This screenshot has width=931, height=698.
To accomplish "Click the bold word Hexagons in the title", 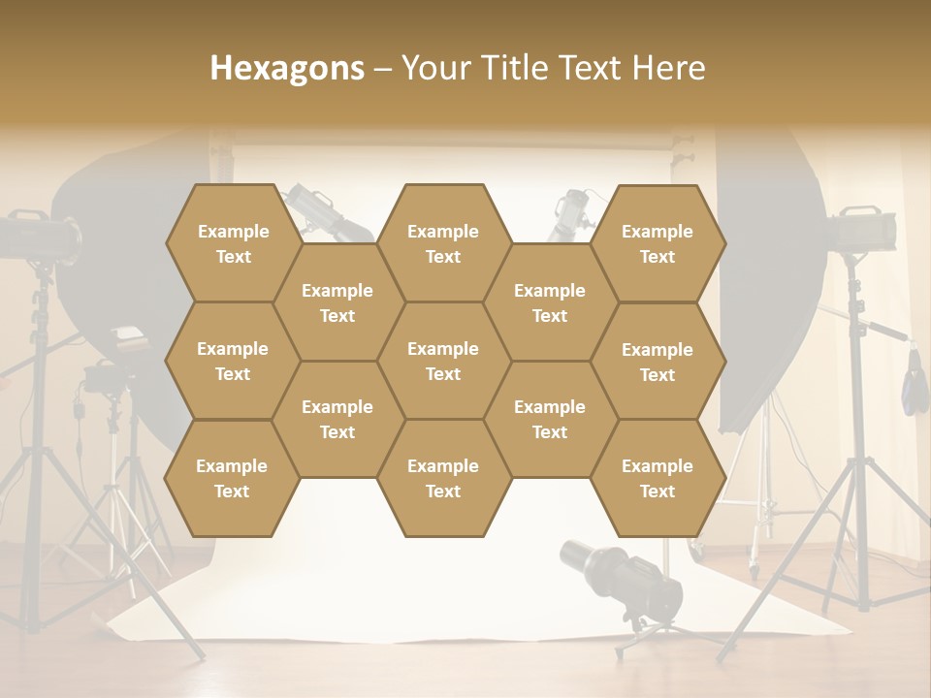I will (287, 68).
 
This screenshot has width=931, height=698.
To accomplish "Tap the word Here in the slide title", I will (668, 68).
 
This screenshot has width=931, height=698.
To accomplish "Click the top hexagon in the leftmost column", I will (233, 243).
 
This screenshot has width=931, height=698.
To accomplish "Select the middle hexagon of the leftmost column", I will (233, 361).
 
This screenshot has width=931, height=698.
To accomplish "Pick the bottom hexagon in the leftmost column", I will (232, 478).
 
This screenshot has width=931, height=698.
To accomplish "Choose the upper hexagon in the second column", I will (337, 302).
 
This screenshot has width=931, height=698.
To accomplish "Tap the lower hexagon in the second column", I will (337, 419).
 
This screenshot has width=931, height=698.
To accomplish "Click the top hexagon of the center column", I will (443, 243).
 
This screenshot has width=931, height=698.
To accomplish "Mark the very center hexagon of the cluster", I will (443, 361).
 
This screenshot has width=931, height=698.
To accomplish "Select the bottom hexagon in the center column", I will (443, 478).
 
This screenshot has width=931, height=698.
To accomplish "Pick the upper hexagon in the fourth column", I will (550, 302).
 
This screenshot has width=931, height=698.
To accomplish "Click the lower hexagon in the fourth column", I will (550, 419).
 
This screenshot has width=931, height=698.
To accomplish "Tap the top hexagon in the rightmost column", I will (658, 243).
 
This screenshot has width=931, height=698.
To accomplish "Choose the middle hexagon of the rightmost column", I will (658, 362).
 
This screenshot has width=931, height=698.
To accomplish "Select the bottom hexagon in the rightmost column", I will (658, 478).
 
